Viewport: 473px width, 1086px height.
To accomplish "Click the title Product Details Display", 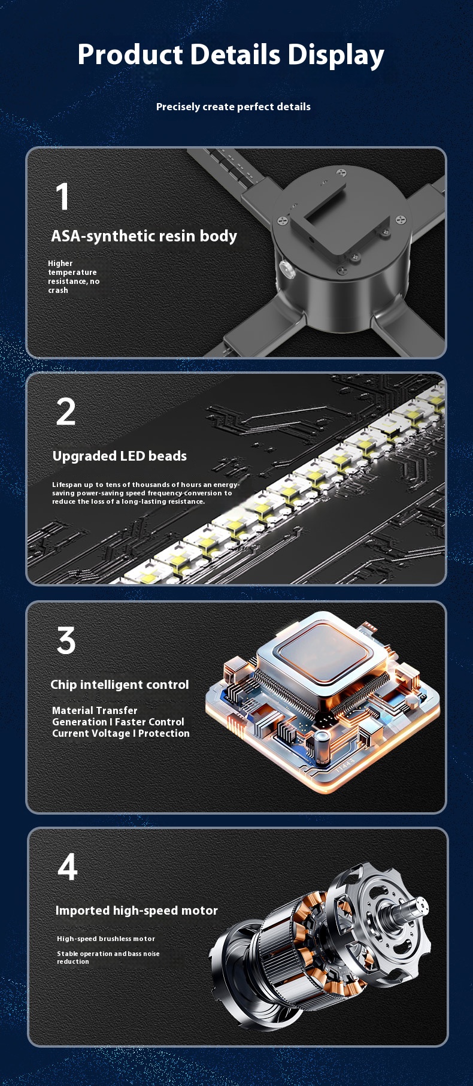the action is [x=231, y=55].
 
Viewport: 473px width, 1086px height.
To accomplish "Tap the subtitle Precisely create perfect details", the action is [x=234, y=107].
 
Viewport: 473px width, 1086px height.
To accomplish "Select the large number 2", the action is [x=66, y=412].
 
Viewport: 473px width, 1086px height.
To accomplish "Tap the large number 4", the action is [x=68, y=867].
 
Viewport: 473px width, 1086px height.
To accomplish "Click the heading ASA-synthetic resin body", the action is [x=144, y=236].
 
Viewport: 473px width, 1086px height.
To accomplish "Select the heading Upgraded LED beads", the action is [x=120, y=456].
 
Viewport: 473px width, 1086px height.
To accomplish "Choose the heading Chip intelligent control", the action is [x=120, y=684].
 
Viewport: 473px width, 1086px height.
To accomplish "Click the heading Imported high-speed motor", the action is [x=137, y=910].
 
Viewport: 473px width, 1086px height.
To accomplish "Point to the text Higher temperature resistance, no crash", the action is [x=74, y=277].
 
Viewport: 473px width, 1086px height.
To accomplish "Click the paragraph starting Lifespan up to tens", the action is [x=145, y=493].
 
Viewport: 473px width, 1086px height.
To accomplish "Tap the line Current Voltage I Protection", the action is [x=121, y=733].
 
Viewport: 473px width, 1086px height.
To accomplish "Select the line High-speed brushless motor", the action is [x=106, y=939].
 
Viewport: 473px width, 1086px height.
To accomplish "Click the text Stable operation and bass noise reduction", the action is [x=108, y=957].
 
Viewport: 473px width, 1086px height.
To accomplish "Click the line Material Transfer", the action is [x=95, y=710].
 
